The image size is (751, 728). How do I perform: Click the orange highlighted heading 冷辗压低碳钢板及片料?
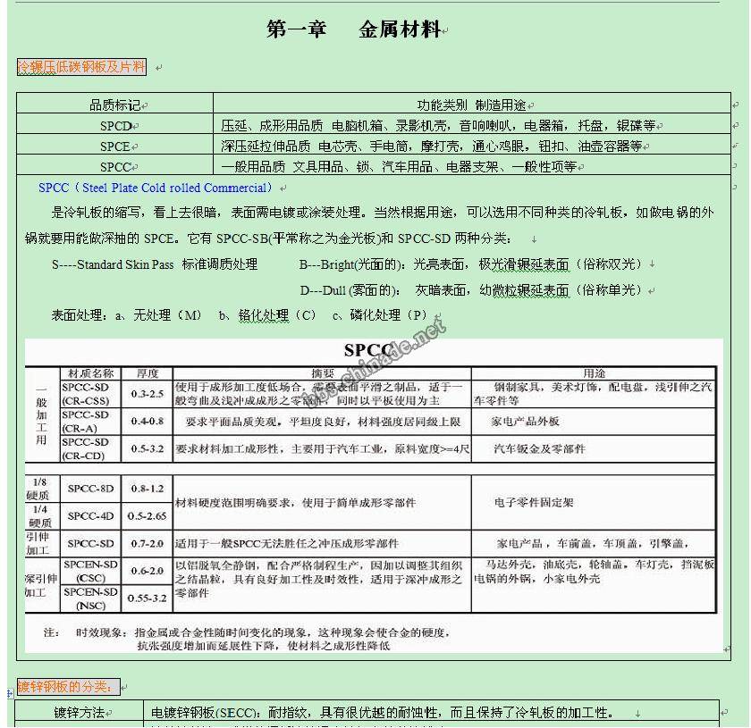[x=81, y=67]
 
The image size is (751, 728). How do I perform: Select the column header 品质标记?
[x=114, y=105]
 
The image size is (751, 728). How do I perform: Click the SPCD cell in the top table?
[x=115, y=126]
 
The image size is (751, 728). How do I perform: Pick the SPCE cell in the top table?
[x=115, y=146]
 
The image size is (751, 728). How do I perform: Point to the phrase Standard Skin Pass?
[x=124, y=264]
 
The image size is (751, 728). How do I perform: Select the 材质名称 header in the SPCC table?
[x=91, y=372]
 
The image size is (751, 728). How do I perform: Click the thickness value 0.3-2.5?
[x=148, y=394]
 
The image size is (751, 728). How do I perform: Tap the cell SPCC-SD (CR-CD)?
[x=86, y=449]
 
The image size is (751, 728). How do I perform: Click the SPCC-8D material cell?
[x=91, y=489]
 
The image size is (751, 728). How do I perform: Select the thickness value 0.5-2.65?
[x=148, y=516]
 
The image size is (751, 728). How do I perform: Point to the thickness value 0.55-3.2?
[x=148, y=598]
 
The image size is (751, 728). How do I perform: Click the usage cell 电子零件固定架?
[x=534, y=503]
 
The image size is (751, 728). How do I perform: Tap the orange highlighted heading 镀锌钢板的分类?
[x=68, y=687]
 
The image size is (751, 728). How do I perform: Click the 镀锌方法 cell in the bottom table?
[x=79, y=713]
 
